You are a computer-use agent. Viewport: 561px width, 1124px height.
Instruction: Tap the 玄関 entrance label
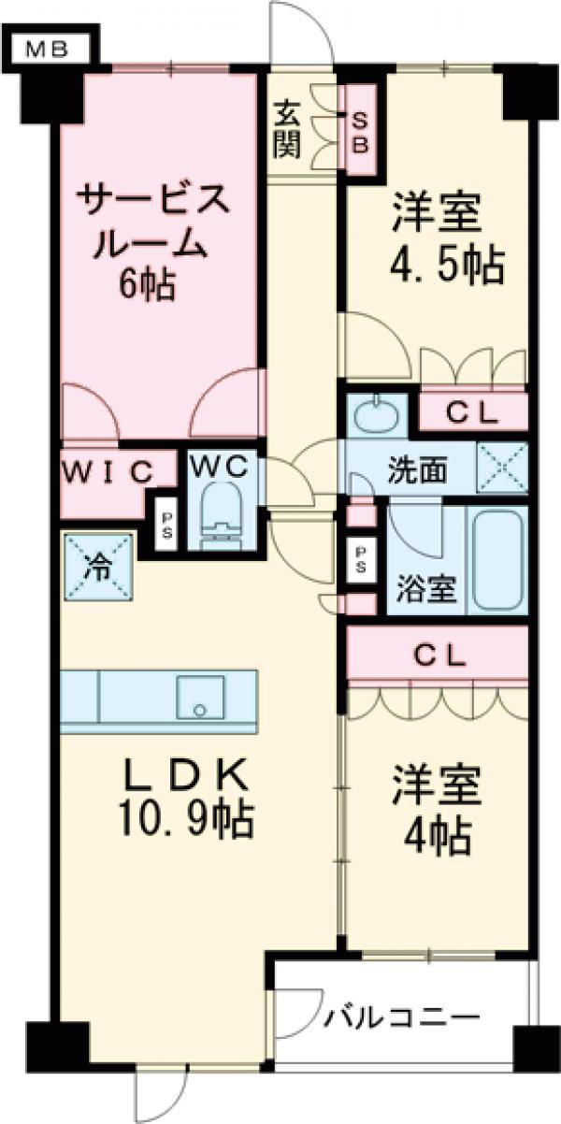click(287, 131)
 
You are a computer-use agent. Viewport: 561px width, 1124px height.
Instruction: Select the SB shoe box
click(360, 132)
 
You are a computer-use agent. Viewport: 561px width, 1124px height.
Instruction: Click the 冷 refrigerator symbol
click(97, 568)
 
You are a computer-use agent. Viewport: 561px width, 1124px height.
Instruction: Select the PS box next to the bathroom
click(361, 559)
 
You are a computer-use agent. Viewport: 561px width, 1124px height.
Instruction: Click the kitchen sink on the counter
click(199, 696)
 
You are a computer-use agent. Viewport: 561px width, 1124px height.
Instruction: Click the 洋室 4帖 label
click(436, 809)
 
